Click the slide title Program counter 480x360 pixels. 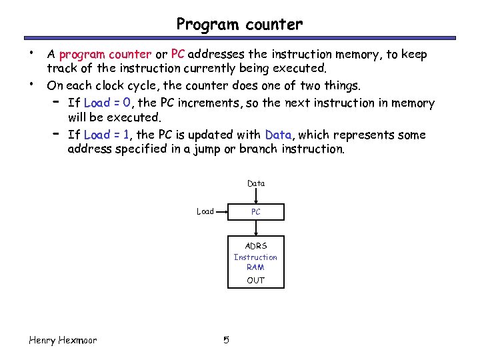tap(239, 25)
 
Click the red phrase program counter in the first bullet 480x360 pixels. tap(101, 54)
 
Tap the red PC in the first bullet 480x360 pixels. tap(178, 54)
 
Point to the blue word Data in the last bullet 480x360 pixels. tap(278, 135)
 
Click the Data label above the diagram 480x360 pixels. tap(256, 183)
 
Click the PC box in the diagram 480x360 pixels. tap(256, 212)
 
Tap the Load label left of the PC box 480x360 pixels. tap(205, 212)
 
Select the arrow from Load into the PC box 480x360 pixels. tap(222, 212)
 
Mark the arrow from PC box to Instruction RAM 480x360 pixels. tap(256, 228)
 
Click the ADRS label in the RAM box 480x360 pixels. tap(256, 246)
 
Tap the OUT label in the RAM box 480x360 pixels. tap(256, 280)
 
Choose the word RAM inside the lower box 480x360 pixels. tap(256, 267)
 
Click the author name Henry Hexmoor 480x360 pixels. tap(63, 341)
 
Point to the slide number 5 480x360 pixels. tap(226, 341)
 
